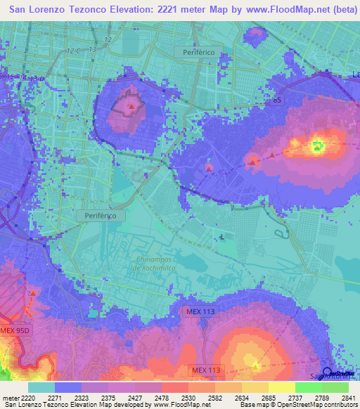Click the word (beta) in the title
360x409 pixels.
tap(340, 11)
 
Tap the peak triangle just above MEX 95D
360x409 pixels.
tap(32, 292)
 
